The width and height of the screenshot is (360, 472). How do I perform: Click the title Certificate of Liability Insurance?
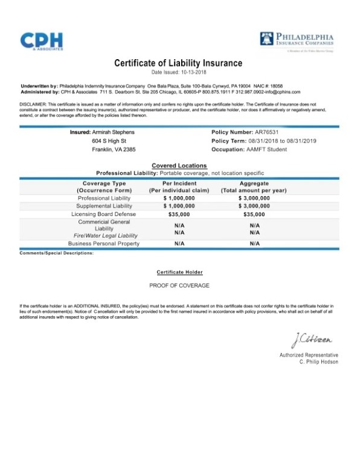click(178, 63)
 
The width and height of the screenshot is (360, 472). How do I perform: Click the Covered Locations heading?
click(179, 165)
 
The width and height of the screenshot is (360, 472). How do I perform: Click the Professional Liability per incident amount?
click(179, 198)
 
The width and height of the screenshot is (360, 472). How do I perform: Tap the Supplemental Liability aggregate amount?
click(254, 206)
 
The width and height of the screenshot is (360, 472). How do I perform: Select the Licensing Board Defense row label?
click(103, 214)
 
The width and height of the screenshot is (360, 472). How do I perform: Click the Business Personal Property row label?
click(103, 243)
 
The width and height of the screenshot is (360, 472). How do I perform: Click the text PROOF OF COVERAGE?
click(179, 284)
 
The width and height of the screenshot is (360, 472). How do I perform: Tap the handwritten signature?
click(310, 342)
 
